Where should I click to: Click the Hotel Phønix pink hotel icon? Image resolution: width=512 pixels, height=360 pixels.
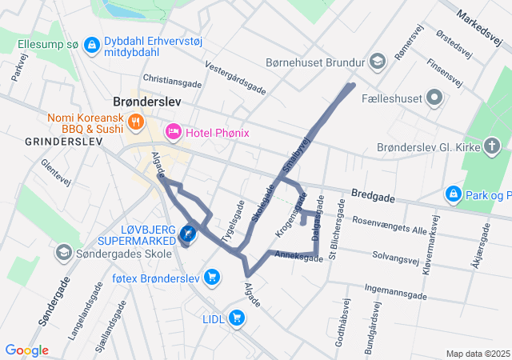[x=173, y=131]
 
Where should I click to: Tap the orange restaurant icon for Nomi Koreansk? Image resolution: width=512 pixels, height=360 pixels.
[x=135, y=122]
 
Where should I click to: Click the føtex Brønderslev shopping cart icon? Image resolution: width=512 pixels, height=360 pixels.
[x=211, y=277]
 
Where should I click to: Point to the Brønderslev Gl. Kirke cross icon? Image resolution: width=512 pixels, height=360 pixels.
[x=492, y=146]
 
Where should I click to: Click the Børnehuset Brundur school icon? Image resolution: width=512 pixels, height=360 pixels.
[x=377, y=61]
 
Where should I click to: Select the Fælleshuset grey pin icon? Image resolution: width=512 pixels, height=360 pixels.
[x=434, y=98]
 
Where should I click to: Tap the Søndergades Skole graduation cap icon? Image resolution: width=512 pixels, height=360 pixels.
[x=62, y=254]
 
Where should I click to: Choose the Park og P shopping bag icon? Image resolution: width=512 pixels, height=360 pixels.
[x=454, y=194]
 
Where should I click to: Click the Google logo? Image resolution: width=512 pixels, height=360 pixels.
[x=26, y=350]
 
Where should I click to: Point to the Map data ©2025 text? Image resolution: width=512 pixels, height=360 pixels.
[x=477, y=354]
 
